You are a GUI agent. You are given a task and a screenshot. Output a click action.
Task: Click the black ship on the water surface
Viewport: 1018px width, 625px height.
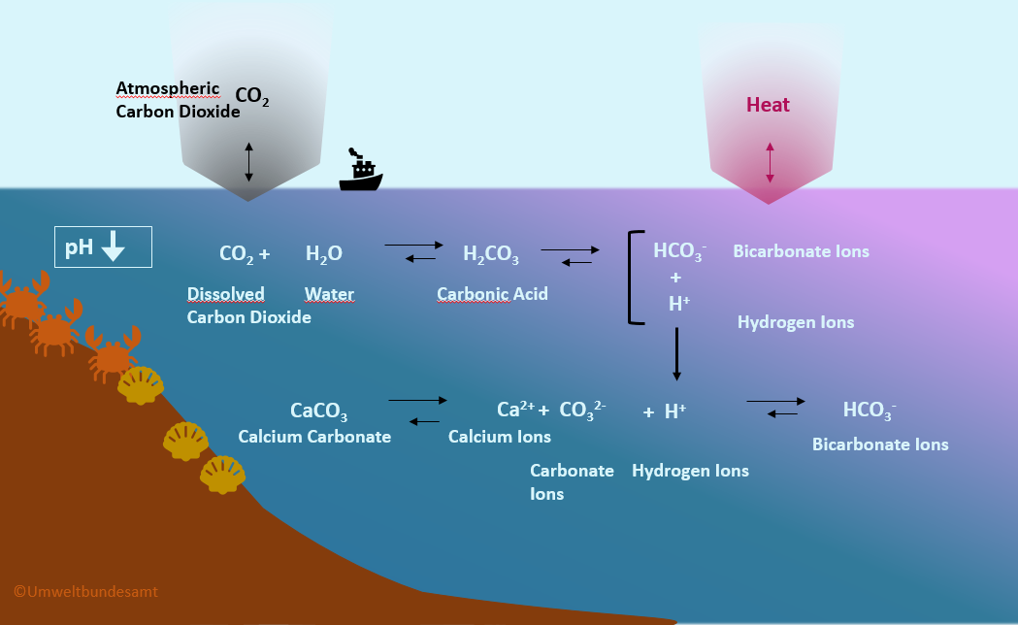360,172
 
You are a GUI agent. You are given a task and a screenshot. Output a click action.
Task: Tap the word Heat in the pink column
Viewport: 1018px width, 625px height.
768,105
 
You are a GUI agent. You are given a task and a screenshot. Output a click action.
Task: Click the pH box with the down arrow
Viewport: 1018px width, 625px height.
103,247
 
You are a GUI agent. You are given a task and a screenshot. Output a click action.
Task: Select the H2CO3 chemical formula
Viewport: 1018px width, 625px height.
490,255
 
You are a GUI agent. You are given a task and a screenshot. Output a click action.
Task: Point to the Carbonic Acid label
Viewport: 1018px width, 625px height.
492,293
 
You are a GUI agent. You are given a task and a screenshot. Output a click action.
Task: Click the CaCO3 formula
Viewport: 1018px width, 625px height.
318,411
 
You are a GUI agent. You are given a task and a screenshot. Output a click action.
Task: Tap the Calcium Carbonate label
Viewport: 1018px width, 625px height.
314,437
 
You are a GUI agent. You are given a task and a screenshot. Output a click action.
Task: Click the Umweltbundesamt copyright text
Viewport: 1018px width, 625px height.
85,590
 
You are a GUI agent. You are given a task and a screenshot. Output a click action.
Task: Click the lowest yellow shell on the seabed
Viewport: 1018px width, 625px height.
222,475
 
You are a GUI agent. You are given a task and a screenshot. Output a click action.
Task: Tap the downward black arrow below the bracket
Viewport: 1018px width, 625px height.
676,354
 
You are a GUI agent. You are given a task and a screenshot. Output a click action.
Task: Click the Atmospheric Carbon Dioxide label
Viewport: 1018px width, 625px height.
177,100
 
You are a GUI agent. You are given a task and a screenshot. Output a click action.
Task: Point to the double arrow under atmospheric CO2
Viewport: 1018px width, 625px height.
248,162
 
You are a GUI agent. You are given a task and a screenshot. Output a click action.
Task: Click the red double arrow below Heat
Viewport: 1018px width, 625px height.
770,162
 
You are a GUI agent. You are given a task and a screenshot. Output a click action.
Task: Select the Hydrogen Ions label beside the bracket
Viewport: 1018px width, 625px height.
796,322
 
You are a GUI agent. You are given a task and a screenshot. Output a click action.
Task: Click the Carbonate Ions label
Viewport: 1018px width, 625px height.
571,481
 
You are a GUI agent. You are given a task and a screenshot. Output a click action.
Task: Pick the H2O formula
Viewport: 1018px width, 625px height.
323,254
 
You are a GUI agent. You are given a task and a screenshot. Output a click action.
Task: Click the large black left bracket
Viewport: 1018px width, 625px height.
634,277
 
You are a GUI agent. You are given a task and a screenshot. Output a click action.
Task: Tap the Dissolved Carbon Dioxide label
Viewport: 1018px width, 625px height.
248,305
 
